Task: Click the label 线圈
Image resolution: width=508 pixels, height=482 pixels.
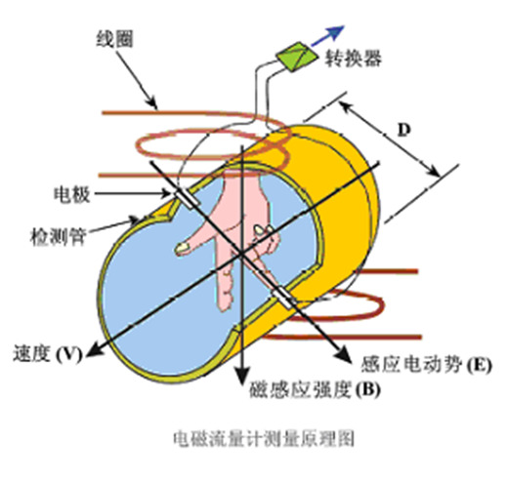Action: coord(114,39)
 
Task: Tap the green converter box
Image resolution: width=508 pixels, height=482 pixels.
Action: coord(297,56)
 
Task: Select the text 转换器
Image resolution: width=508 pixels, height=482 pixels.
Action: coord(353,59)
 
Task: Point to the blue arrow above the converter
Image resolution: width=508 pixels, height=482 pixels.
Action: coord(327,36)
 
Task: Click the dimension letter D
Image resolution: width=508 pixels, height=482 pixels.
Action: coord(403,130)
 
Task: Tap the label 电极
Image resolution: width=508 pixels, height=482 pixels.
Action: coord(71,194)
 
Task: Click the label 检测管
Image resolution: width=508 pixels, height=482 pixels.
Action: coord(58,236)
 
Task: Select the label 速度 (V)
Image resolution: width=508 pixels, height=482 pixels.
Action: coord(47,354)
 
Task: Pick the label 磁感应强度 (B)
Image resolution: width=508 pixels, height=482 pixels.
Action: coord(315,389)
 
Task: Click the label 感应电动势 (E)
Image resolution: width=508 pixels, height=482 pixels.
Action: coord(426,364)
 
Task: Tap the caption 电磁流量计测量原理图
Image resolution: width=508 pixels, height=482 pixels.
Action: coord(264,439)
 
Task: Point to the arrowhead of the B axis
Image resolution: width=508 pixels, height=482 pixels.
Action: coord(241,375)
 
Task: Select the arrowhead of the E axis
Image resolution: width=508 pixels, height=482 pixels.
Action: coord(342,354)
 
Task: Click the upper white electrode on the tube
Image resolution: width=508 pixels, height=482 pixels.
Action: coord(187,198)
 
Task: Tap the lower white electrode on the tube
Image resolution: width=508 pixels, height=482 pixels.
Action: coord(283,298)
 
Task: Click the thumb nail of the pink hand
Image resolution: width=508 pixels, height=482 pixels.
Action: coord(183,248)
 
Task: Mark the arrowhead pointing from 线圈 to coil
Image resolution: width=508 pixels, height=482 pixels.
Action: coord(152,102)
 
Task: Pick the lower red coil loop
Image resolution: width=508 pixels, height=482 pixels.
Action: coord(382,304)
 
